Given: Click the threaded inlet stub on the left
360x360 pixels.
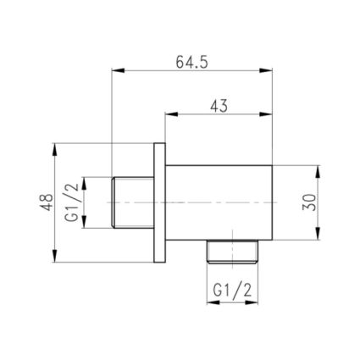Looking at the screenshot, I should pos(132,203).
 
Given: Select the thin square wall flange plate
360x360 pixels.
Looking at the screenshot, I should pos(158,203).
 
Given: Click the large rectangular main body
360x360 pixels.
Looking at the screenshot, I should pos(219,203).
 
